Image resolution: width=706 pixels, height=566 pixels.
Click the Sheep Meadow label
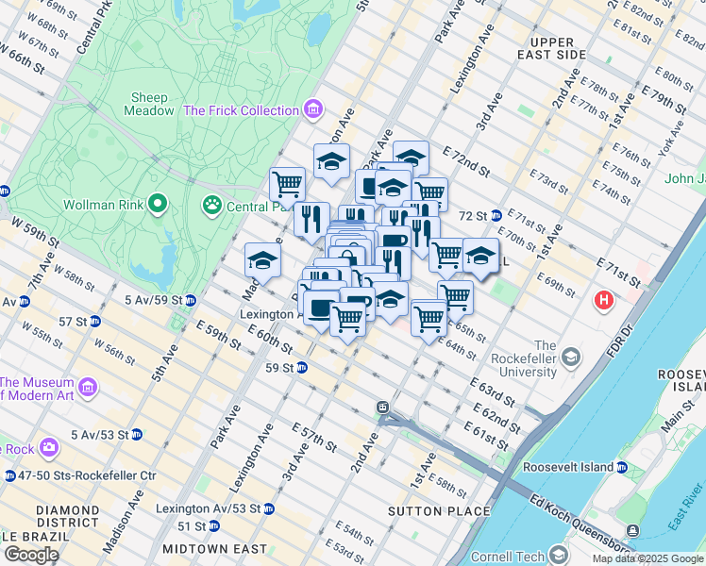pyautogui.click(x=149, y=104)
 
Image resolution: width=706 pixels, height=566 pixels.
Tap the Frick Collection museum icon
pyautogui.click(x=313, y=110)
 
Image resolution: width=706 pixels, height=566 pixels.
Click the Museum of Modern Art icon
pyautogui.click(x=88, y=388)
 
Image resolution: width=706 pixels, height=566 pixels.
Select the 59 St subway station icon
pyautogui.click(x=302, y=367)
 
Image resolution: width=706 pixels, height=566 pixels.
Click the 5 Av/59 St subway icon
pyautogui.click(x=190, y=301)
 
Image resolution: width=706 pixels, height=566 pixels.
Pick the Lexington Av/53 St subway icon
pyautogui.click(x=269, y=508)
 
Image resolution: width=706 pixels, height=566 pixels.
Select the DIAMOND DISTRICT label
pyautogui.click(x=67, y=517)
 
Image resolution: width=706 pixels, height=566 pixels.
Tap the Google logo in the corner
pyautogui.click(x=30, y=555)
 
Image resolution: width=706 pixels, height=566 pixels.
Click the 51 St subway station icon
pyautogui.click(x=211, y=526)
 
